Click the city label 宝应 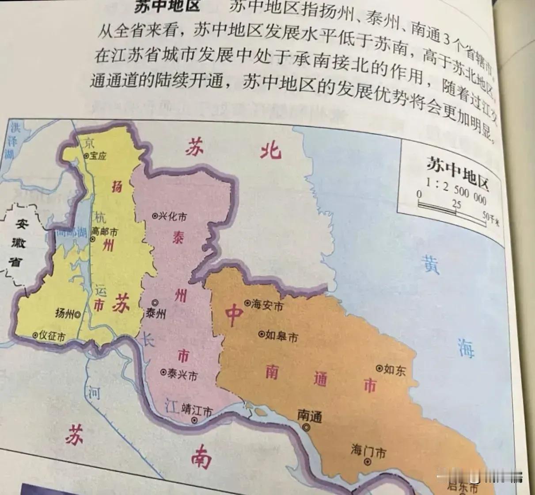98,156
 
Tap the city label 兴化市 172,216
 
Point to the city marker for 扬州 78,315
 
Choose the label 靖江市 197,411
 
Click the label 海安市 267,305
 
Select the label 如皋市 281,337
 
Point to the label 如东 395,369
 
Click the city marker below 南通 306,427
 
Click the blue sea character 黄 430,264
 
